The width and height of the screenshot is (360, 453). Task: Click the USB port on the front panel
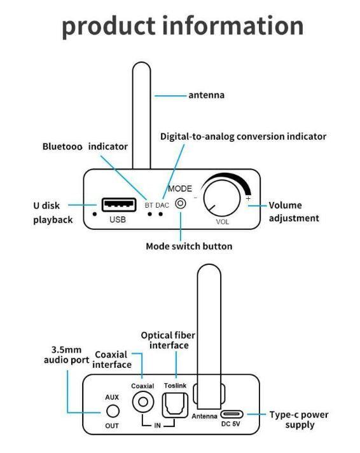pyautogui.click(x=118, y=205)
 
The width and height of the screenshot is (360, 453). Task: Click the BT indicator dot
pyautogui.click(x=149, y=214)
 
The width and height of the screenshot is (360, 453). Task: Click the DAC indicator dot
pyautogui.click(x=161, y=214)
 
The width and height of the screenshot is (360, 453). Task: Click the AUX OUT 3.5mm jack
pyautogui.click(x=112, y=411)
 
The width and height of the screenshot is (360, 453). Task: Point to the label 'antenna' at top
pyautogui.click(x=207, y=95)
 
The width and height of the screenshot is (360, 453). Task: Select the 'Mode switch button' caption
pyautogui.click(x=189, y=246)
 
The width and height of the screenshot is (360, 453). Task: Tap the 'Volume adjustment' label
pyautogui.click(x=293, y=212)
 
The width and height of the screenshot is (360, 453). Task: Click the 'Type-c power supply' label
pyautogui.click(x=298, y=419)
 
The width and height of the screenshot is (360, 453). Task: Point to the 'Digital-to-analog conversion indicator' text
pyautogui.click(x=243, y=137)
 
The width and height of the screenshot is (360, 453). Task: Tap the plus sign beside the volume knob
pyautogui.click(x=248, y=199)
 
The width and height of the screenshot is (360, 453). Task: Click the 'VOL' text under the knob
pyautogui.click(x=222, y=222)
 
